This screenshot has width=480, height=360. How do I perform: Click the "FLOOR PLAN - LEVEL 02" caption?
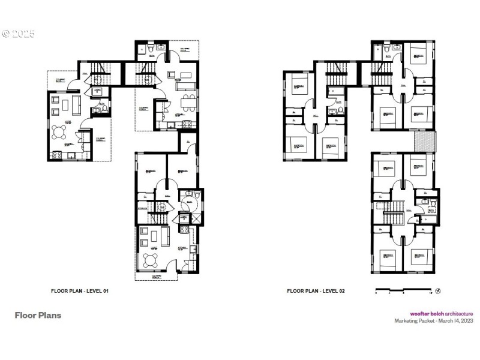(x=316, y=291)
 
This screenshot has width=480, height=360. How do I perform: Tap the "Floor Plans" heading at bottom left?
(x=38, y=315)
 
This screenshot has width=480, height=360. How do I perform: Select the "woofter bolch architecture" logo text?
(x=442, y=313)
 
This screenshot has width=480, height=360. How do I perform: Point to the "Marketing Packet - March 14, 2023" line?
(x=434, y=320)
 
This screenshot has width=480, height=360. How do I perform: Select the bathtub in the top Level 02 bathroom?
(x=379, y=55)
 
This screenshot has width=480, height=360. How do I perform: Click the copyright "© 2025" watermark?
(x=19, y=34)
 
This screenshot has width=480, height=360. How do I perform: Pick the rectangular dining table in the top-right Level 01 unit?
(x=188, y=99)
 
